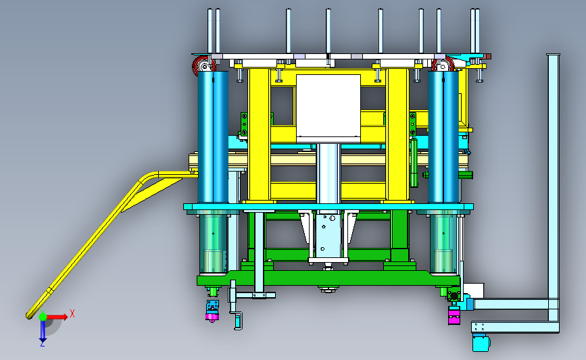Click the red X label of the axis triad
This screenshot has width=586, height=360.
72,313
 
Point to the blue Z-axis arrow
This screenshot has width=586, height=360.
43,331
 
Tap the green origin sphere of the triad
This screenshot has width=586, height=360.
43,317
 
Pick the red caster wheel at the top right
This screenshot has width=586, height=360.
443,65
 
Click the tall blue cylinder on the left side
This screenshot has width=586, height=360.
213,136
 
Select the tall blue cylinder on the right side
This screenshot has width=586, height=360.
443,136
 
